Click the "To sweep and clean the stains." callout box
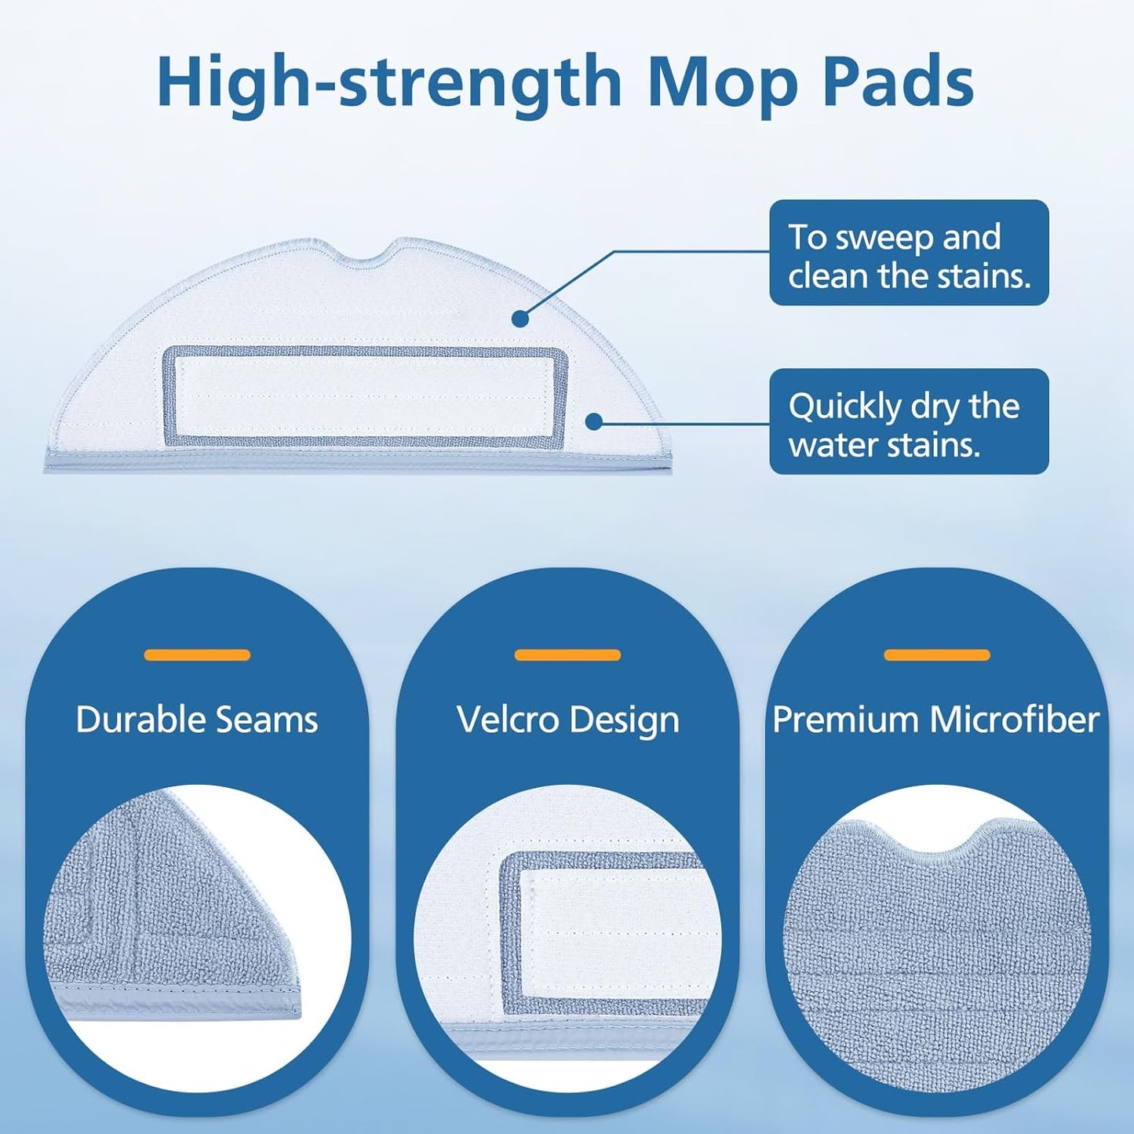tap(910, 253)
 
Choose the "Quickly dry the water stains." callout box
tap(910, 421)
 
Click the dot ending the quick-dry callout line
tap(595, 421)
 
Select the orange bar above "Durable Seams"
tap(198, 655)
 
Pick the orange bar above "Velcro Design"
tap(567, 655)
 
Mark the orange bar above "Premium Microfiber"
tap(937, 655)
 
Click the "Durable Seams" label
tap(197, 719)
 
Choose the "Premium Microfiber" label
tap(936, 719)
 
